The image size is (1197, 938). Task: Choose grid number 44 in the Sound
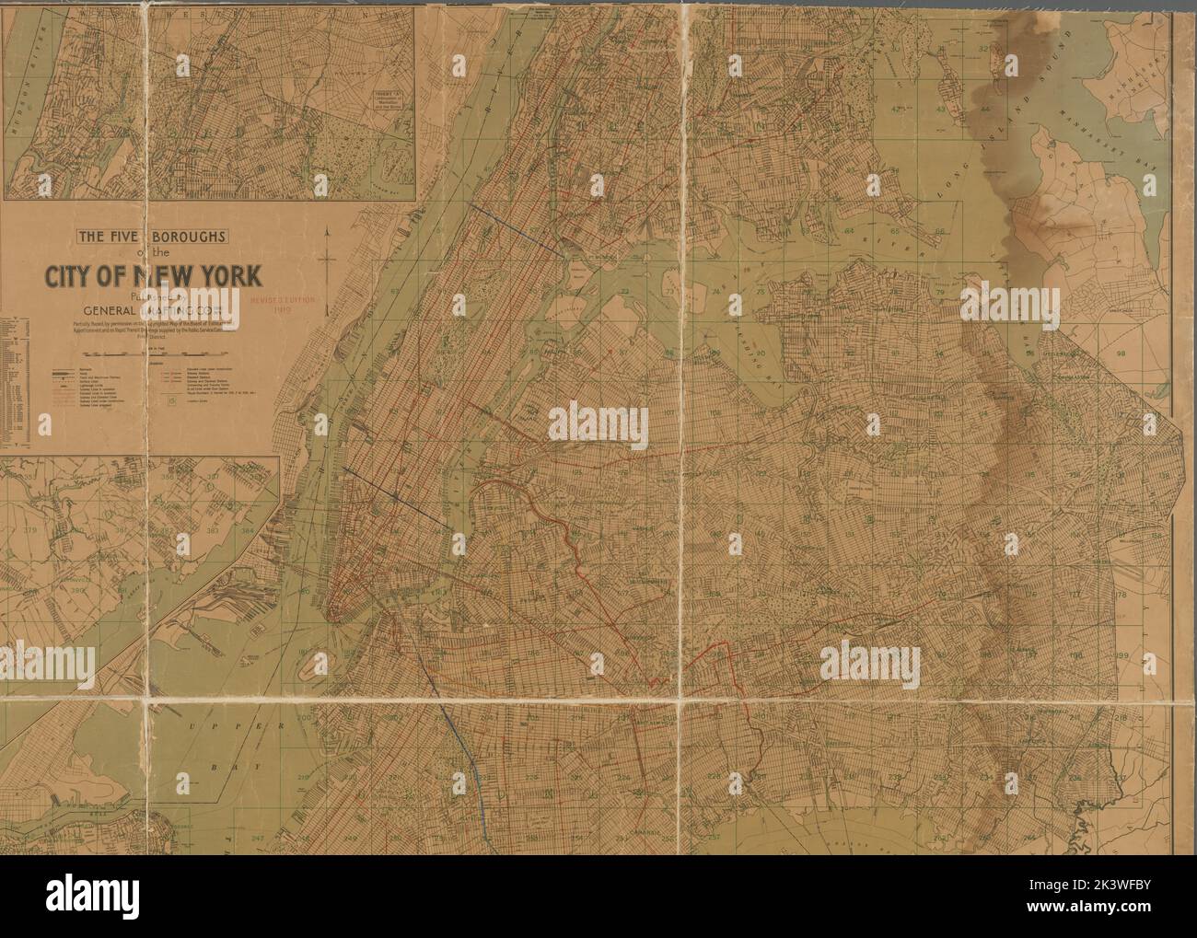pos(984,110)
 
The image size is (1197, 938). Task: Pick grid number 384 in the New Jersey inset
pos(248,531)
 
